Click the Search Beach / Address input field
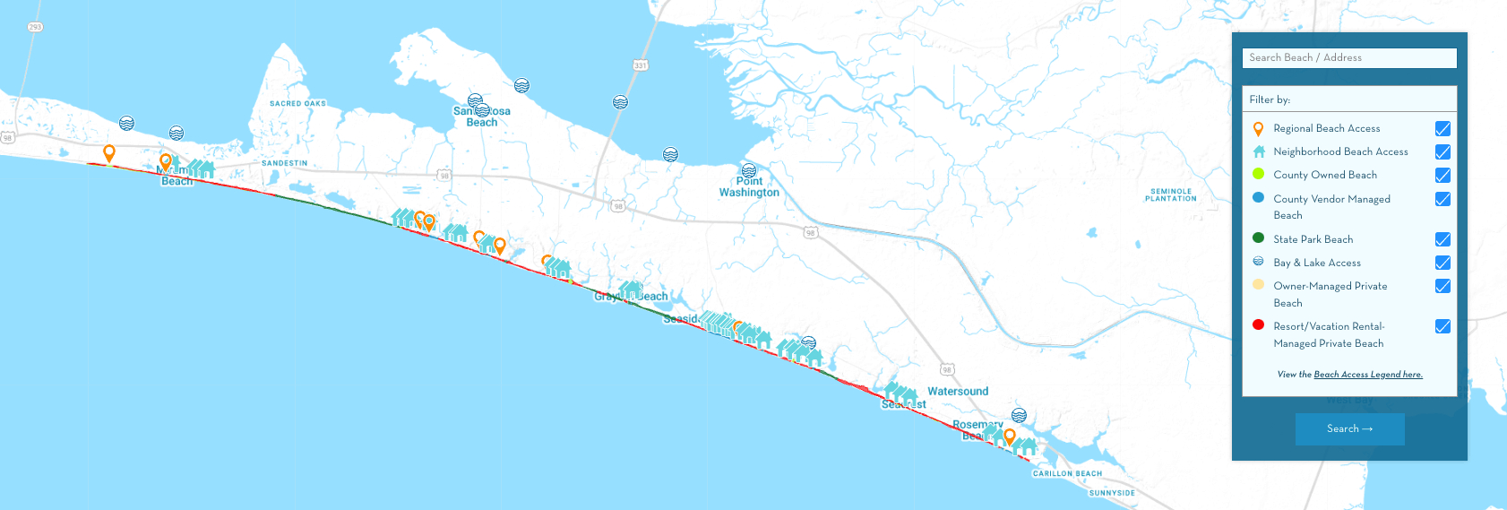[1348, 57]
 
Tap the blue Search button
[1349, 429]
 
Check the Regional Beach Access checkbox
[1442, 129]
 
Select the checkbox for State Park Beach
[1442, 239]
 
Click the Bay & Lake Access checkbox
[1442, 263]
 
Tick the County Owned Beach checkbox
[1442, 176]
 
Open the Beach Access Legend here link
[1367, 375]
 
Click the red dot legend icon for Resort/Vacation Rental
[1258, 325]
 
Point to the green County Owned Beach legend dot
[1258, 174]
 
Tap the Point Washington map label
[749, 187]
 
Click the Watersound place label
[958, 392]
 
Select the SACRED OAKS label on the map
[297, 104]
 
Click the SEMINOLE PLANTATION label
[1170, 194]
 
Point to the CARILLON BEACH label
[1067, 473]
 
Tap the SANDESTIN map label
[284, 163]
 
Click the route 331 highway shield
[640, 65]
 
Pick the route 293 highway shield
[35, 27]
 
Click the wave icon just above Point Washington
[749, 170]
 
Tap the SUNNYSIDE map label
[1112, 493]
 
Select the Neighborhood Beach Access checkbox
[1442, 152]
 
